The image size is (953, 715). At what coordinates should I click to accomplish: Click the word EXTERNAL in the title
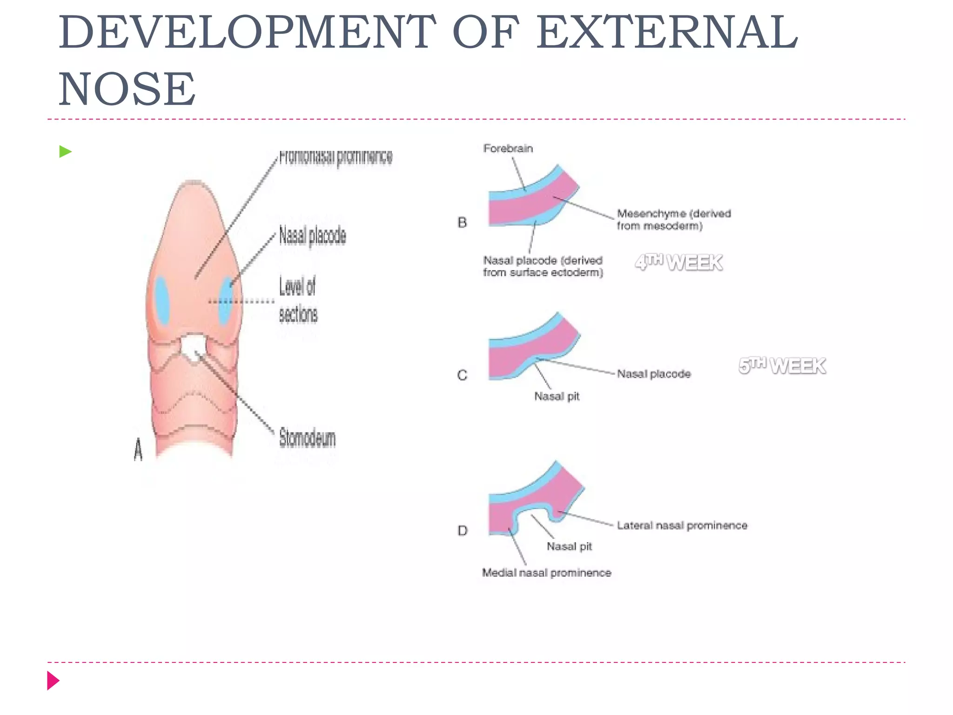[x=666, y=33]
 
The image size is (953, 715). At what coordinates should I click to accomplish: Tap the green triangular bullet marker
[x=65, y=152]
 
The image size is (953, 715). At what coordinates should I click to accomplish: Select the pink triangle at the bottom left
[x=53, y=681]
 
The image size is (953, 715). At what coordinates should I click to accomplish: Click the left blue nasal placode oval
[x=162, y=300]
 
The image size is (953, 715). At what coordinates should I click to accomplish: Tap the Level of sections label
[x=298, y=300]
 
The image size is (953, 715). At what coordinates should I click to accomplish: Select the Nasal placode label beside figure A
[x=312, y=236]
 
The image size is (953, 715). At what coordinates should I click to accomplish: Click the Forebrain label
[x=508, y=148]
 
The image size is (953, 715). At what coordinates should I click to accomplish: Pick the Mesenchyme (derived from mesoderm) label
[x=673, y=220]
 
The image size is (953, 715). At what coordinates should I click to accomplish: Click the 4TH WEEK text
[x=678, y=263]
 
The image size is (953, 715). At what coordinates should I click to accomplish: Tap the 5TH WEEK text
[x=782, y=366]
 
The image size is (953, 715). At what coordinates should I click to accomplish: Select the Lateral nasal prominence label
[x=682, y=526]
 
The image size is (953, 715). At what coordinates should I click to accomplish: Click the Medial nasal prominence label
[x=546, y=573]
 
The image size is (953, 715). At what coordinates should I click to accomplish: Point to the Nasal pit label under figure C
[x=557, y=396]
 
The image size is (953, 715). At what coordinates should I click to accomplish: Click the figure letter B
[x=462, y=223]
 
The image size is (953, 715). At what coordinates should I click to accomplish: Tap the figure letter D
[x=462, y=530]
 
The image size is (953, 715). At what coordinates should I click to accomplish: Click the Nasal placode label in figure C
[x=653, y=374]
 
